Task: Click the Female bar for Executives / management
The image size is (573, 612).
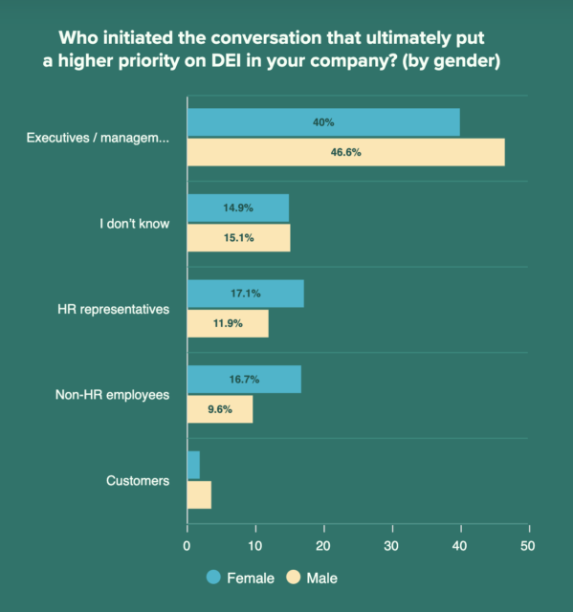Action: tap(323, 122)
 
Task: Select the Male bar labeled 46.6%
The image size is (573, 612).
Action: tap(345, 152)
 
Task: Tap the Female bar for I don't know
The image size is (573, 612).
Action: tap(237, 208)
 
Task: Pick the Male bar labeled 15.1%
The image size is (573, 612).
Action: tap(238, 237)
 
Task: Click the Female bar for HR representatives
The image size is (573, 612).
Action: tap(245, 294)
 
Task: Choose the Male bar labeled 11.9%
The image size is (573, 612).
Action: tap(228, 323)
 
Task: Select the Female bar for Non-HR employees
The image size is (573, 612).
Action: tap(244, 379)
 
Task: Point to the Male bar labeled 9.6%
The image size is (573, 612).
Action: tap(220, 408)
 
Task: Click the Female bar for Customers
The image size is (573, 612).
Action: tap(193, 465)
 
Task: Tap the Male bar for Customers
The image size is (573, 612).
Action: tap(199, 494)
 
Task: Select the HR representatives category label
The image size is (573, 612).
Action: tap(113, 309)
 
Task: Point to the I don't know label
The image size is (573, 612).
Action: tap(135, 223)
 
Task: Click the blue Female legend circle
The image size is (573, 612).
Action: tap(213, 578)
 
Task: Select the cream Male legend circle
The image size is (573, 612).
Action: tap(294, 578)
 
